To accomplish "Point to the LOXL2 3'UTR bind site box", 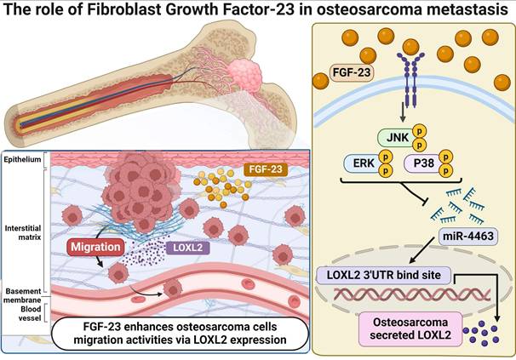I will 380,275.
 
